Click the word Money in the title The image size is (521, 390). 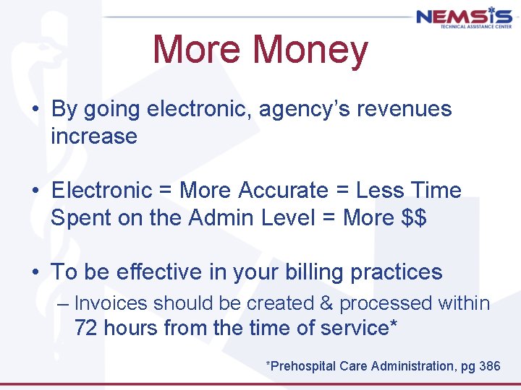tap(310, 51)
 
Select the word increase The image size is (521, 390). tap(94, 136)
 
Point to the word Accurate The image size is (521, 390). tap(283, 191)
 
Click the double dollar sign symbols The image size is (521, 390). tap(414, 218)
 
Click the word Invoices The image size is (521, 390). tap(112, 303)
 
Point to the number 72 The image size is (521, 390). tap(86, 328)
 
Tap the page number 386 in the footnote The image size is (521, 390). tap(490, 366)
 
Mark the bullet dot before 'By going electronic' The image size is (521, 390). tap(35, 110)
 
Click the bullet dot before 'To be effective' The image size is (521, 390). tap(35, 273)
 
